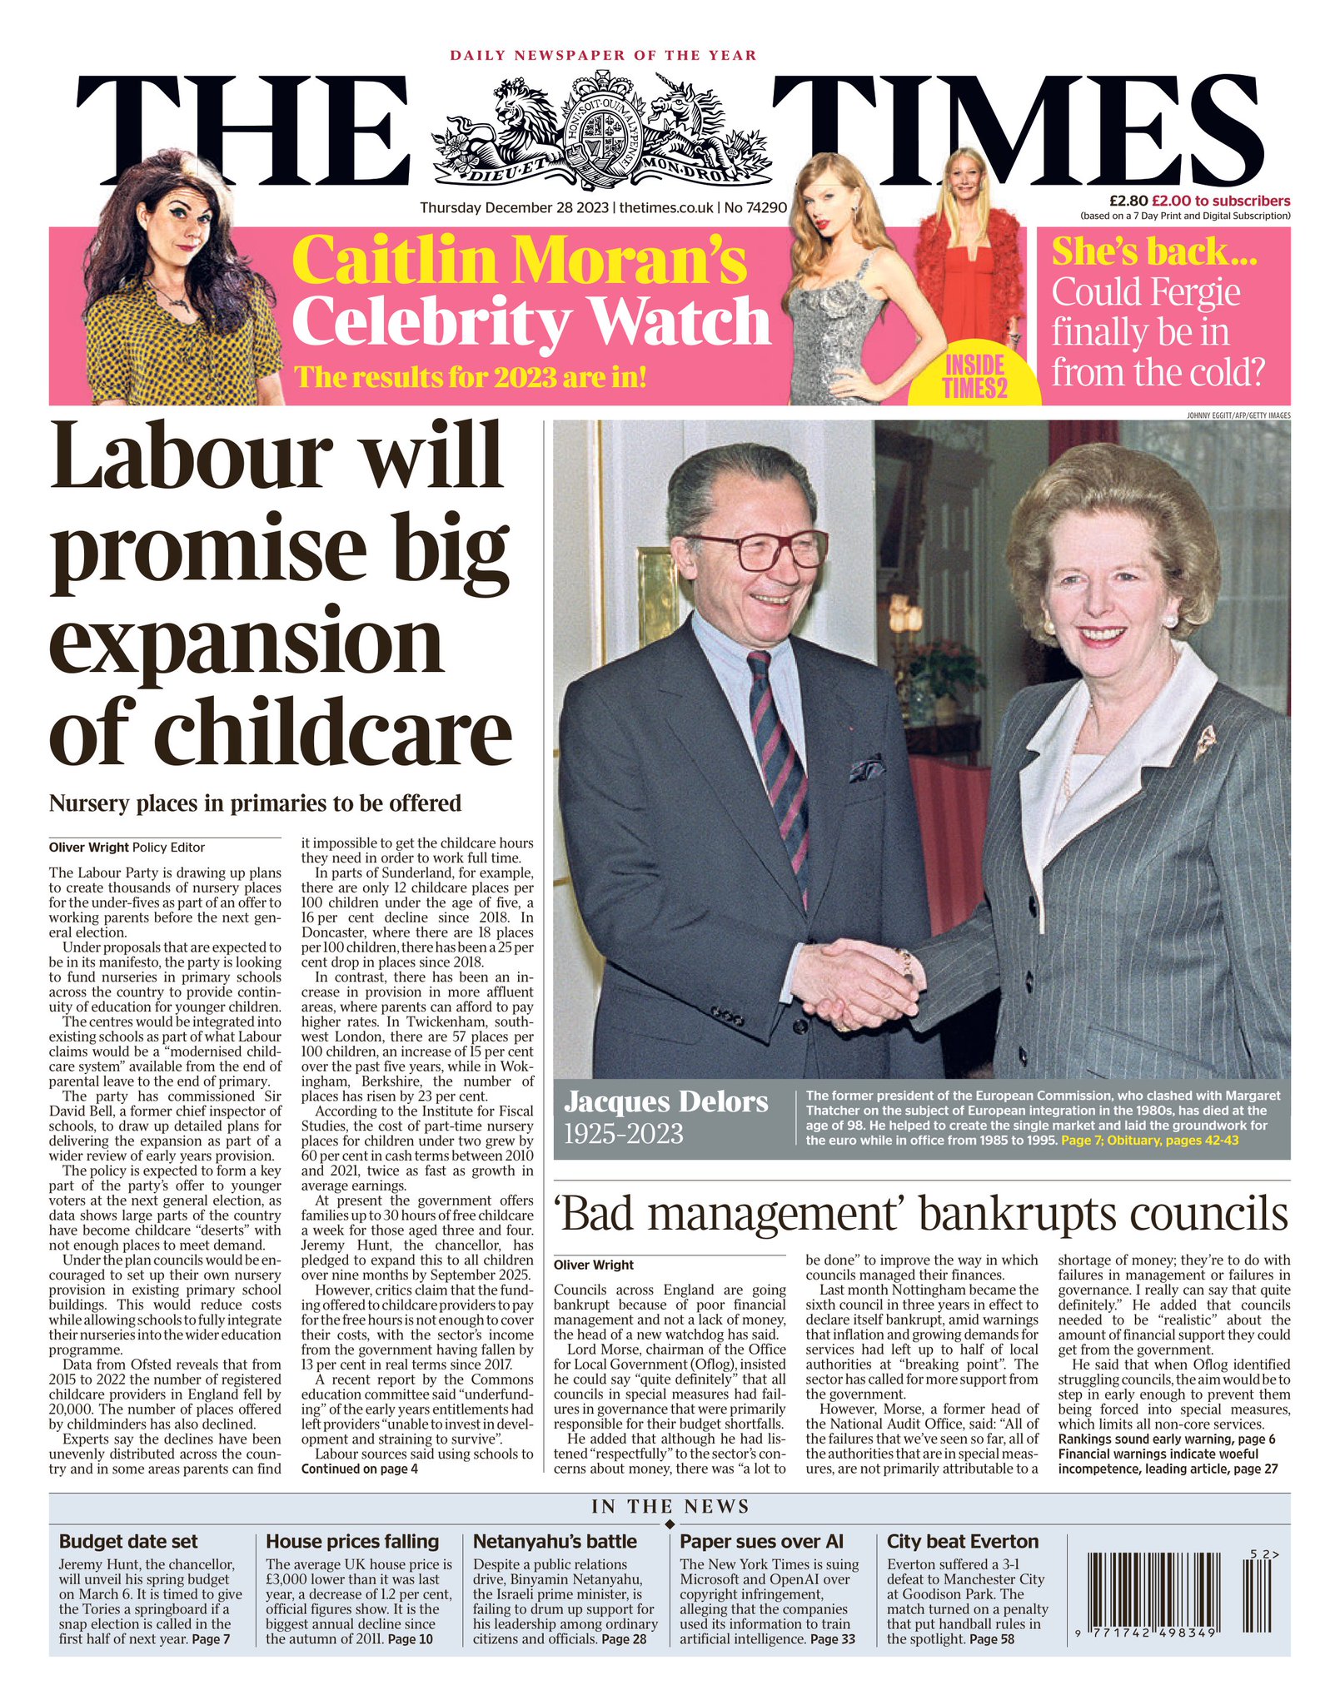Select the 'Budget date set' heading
(x=128, y=1541)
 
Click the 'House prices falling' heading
(x=351, y=1541)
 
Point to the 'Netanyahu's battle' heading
(x=555, y=1541)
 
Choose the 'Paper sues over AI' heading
(x=761, y=1541)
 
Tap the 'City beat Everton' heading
(x=962, y=1541)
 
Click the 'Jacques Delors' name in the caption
(x=665, y=1101)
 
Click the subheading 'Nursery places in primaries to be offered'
(x=255, y=803)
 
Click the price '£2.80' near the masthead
(x=1128, y=201)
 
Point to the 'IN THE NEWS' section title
(x=670, y=1506)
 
